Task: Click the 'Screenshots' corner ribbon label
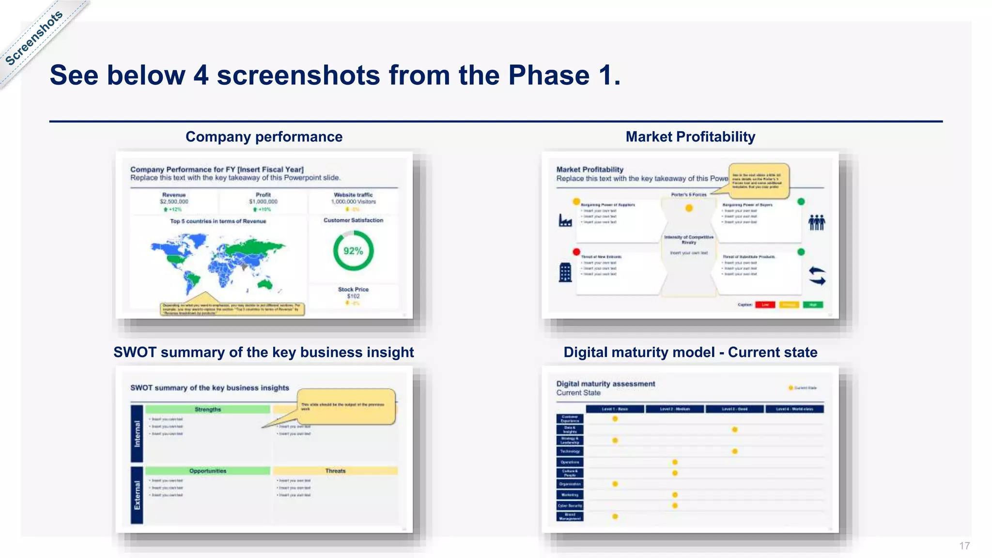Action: [x=34, y=38]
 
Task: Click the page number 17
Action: [x=964, y=546]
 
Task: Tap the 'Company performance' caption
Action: [x=264, y=137]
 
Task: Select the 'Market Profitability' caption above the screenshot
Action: [x=690, y=137]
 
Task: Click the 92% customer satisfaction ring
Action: [x=353, y=250]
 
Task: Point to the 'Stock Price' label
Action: [x=353, y=289]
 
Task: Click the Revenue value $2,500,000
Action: [x=174, y=201]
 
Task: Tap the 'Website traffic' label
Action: [x=353, y=195]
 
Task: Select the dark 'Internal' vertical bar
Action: [x=137, y=434]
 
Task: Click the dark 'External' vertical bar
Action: [x=137, y=495]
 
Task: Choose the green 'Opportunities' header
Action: [x=208, y=471]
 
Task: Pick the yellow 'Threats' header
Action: [x=335, y=471]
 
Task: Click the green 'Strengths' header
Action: [x=208, y=409]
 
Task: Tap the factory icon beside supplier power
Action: [x=565, y=221]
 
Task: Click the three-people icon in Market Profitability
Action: [x=817, y=222]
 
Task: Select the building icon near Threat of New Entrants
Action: [x=565, y=272]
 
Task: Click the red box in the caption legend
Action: [x=765, y=305]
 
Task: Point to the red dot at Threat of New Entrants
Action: [x=576, y=252]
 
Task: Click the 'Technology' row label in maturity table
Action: [x=570, y=451]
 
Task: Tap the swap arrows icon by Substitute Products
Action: [x=817, y=276]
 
